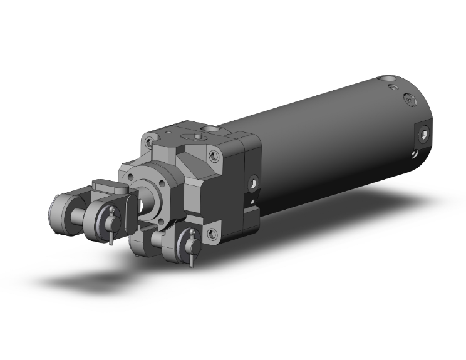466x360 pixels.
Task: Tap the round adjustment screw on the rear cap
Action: pos(410,100)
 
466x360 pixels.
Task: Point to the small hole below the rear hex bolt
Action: pos(414,153)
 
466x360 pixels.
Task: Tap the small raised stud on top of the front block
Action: pos(197,135)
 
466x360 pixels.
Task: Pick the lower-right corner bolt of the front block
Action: pos(213,234)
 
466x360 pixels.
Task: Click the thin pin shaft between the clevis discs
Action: pos(80,217)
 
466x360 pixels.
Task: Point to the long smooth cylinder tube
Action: pos(326,157)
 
